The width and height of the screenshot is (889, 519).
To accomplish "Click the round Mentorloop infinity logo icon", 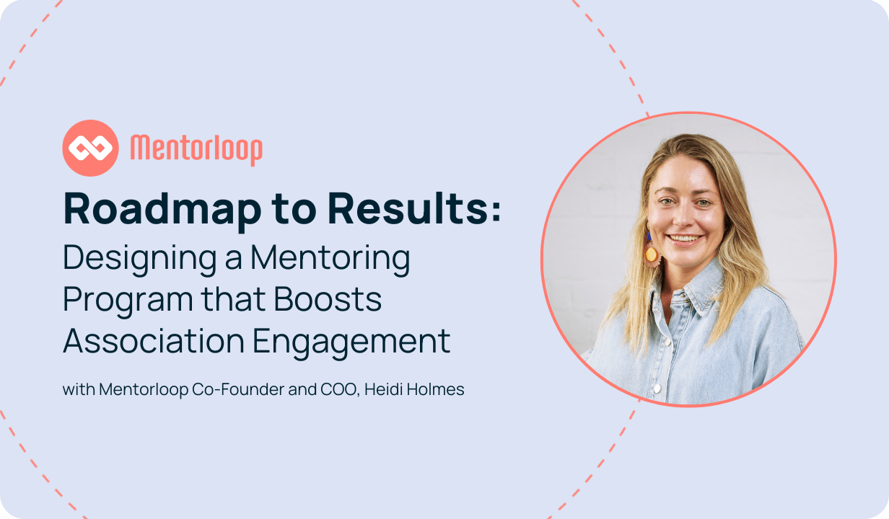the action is (90, 148).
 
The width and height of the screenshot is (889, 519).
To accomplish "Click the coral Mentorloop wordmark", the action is (196, 149).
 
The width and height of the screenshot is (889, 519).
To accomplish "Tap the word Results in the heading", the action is (407, 208).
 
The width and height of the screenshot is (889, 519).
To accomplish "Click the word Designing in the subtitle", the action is (140, 259).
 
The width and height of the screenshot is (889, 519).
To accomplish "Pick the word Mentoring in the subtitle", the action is (330, 259).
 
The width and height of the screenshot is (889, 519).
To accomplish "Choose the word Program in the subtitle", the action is (128, 301).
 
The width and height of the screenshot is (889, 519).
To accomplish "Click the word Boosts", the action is (328, 298).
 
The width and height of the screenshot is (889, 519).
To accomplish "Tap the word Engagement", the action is (351, 343).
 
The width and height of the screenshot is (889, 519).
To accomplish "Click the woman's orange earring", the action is (652, 254).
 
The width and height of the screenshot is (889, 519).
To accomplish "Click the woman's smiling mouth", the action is (685, 239).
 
